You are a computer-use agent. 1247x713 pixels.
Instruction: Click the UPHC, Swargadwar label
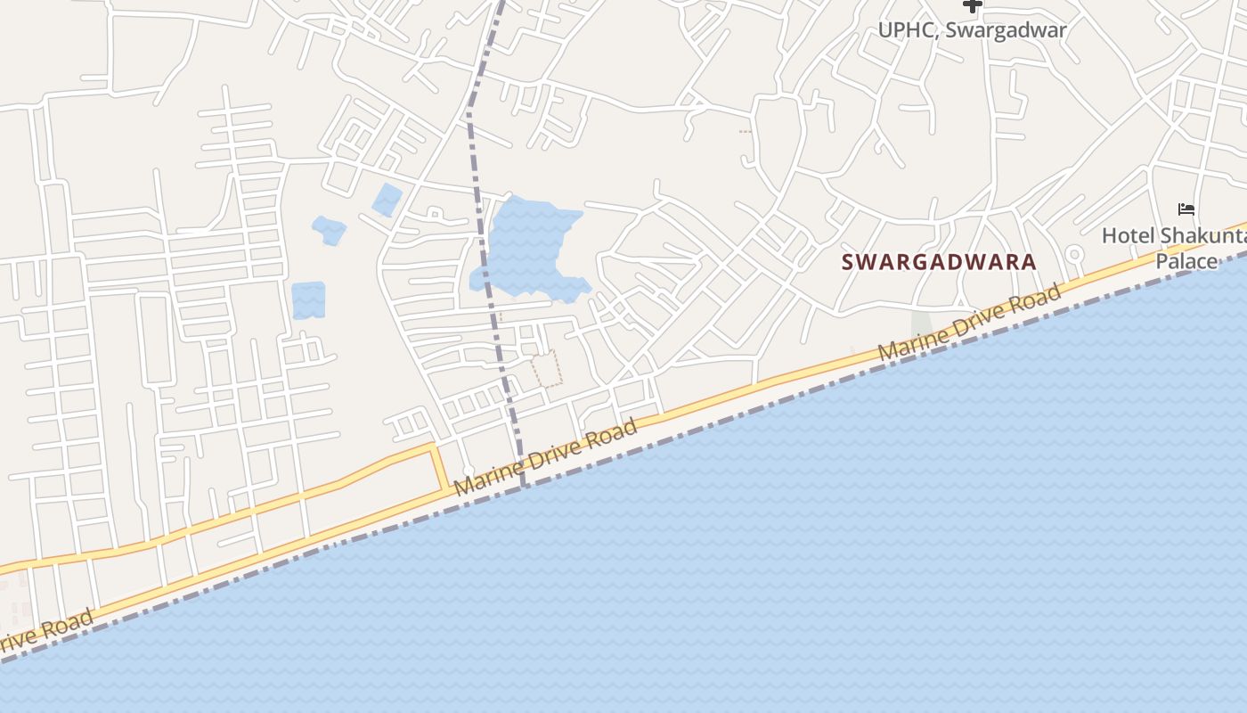(972, 29)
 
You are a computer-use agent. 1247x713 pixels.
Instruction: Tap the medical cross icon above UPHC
(973, 5)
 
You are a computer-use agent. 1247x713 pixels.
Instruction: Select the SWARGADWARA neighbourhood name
(939, 262)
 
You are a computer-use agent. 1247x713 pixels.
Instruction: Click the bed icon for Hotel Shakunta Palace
(1186, 209)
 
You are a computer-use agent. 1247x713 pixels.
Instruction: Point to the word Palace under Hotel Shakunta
(1186, 261)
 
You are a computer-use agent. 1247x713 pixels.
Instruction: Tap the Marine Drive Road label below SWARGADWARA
(970, 323)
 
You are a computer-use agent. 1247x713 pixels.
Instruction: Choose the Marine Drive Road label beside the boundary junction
(546, 457)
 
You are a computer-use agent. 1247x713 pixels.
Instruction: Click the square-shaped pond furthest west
(308, 300)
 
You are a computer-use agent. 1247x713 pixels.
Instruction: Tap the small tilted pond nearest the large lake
(387, 200)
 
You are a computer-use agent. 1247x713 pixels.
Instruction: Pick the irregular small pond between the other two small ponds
(329, 230)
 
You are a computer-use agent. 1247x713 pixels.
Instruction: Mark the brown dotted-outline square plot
(547, 369)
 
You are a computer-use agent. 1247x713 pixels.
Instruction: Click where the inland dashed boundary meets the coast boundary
(524, 485)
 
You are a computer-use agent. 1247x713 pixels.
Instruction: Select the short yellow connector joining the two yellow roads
(440, 468)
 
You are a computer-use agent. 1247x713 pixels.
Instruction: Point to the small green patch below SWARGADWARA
(920, 324)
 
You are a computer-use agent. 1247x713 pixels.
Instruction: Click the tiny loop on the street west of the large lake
(434, 213)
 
